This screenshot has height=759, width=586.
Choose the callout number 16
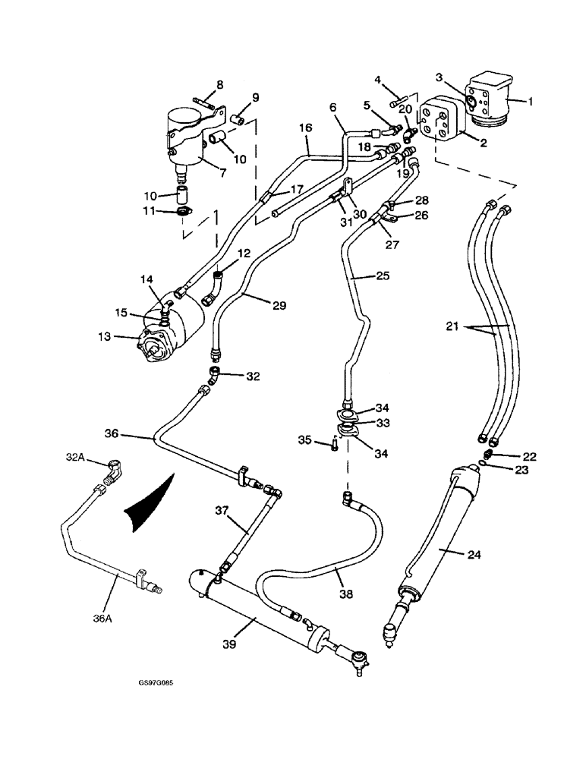coord(304,130)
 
